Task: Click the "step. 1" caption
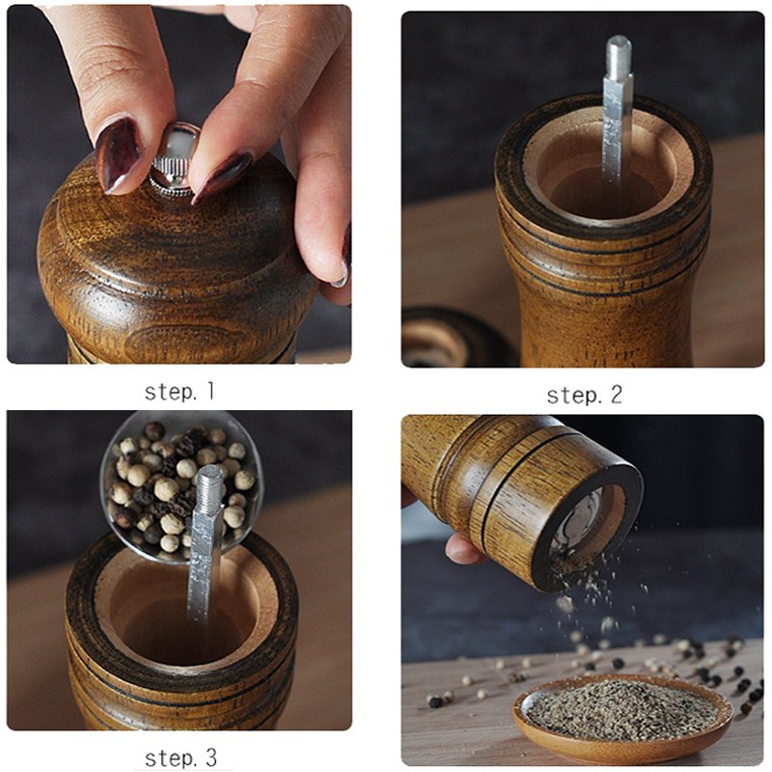click(179, 392)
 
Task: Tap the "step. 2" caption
click(585, 395)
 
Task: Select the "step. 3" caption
click(180, 758)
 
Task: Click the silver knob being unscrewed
click(174, 160)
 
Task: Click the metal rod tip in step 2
click(619, 49)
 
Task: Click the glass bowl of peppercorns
click(181, 486)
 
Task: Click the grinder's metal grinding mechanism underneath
click(581, 525)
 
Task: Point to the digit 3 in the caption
click(210, 758)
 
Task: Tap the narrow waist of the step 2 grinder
click(603, 317)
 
